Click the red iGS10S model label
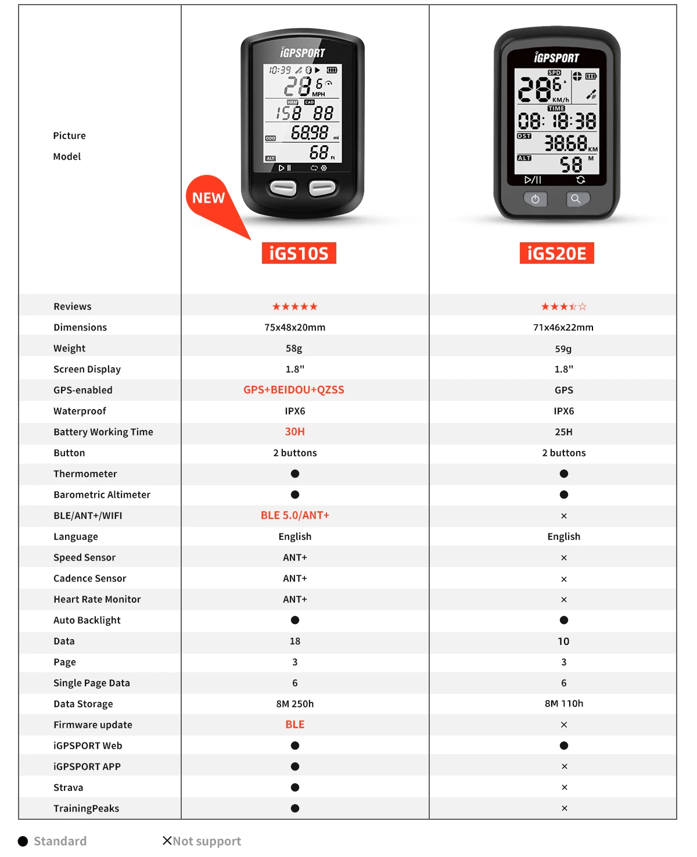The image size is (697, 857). click(x=299, y=253)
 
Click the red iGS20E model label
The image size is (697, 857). click(x=556, y=253)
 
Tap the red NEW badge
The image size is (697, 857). click(x=209, y=199)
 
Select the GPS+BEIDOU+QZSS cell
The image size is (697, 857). click(x=294, y=390)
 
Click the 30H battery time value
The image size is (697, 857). click(x=294, y=432)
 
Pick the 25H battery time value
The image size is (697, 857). click(x=563, y=432)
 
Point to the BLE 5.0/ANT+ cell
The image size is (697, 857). click(x=294, y=515)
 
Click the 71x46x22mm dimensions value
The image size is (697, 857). click(x=563, y=328)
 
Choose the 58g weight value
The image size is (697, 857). click(x=294, y=349)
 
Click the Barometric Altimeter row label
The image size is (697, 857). click(x=102, y=495)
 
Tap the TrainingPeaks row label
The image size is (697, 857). click(x=86, y=809)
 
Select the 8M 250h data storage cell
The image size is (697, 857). click(x=294, y=704)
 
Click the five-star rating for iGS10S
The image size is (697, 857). click(x=294, y=307)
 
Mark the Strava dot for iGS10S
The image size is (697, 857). click(x=295, y=787)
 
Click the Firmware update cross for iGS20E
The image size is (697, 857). click(x=564, y=725)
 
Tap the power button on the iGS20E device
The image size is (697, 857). click(x=535, y=199)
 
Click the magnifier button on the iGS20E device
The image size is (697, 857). click(x=576, y=199)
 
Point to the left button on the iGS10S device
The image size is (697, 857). click(x=283, y=188)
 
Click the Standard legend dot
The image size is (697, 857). click(x=23, y=841)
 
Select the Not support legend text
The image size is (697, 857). click(x=207, y=841)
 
